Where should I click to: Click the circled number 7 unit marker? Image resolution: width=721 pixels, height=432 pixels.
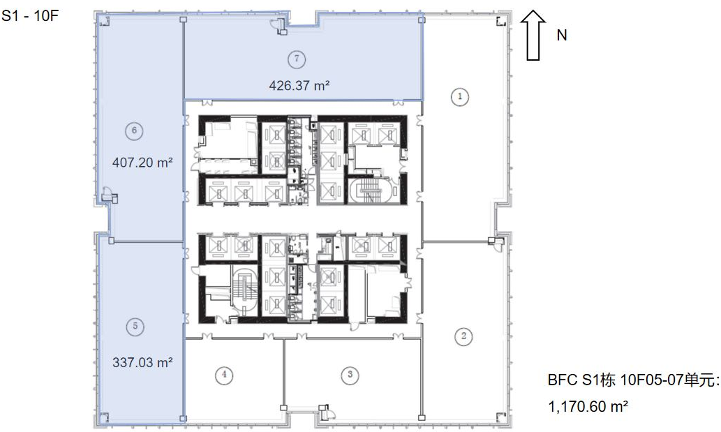point(297,59)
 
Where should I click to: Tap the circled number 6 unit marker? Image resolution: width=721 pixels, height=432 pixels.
point(134,131)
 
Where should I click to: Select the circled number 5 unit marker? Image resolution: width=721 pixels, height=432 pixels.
point(135,327)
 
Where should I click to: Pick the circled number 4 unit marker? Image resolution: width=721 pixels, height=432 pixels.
point(224,375)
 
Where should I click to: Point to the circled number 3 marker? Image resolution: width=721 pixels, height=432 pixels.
point(350,375)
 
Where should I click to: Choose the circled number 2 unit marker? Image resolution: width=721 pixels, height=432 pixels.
point(463,336)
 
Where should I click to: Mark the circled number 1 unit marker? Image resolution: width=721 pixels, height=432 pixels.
point(460,96)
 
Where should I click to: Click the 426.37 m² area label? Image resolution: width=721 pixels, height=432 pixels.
point(299,85)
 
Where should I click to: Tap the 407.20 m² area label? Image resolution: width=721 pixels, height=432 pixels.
point(142,162)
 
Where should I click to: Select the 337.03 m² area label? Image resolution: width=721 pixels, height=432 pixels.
point(142,362)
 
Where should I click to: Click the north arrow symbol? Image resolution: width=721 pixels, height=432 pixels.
point(533,36)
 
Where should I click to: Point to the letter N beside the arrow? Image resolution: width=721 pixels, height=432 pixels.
point(561,36)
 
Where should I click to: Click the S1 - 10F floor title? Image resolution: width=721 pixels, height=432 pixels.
point(30,16)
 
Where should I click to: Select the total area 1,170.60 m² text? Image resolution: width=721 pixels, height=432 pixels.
point(588,406)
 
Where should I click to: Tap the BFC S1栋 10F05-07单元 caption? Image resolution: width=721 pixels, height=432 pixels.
point(634,380)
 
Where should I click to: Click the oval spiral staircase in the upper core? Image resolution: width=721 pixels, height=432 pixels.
point(370,191)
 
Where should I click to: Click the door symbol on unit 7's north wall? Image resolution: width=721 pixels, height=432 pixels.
point(279,26)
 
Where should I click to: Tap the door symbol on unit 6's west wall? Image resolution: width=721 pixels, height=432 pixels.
point(110,195)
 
